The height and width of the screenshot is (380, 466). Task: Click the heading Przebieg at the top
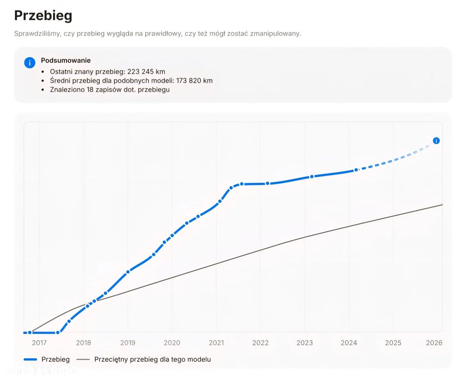[x=43, y=16]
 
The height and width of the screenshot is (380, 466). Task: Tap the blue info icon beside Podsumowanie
[x=30, y=62]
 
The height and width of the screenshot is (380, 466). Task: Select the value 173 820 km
[x=194, y=81]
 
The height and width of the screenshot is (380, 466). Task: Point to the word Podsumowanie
[x=66, y=61]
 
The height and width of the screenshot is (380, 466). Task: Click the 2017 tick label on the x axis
[x=39, y=343]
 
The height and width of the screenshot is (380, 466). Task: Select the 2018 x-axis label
[x=83, y=343]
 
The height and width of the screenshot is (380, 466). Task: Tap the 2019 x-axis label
[x=128, y=343]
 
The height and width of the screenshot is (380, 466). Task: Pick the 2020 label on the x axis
[x=172, y=343]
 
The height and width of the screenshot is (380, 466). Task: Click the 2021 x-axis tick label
[x=216, y=343]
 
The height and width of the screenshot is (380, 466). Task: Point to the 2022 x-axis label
[x=260, y=343]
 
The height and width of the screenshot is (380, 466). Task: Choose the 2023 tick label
[x=305, y=343]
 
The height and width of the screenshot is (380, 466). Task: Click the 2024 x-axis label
[x=349, y=343]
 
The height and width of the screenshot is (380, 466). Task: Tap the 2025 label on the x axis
[x=393, y=343]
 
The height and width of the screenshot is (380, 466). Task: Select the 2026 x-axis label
[x=434, y=343]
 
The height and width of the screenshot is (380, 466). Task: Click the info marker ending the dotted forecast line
[x=436, y=141]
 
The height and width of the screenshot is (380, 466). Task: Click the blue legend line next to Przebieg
[x=30, y=359]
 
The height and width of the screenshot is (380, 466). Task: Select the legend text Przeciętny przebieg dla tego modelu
[x=152, y=359]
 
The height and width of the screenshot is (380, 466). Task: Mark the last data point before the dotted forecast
[x=356, y=170]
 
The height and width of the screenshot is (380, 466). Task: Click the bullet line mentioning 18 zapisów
[x=110, y=90]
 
